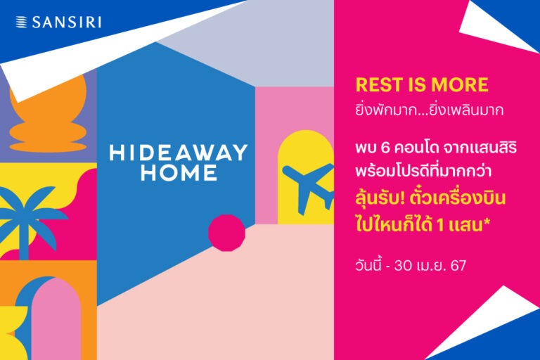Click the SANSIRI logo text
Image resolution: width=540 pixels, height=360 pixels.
67,22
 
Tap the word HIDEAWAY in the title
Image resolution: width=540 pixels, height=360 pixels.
179,153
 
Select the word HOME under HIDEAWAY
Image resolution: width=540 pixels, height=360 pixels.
178,173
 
